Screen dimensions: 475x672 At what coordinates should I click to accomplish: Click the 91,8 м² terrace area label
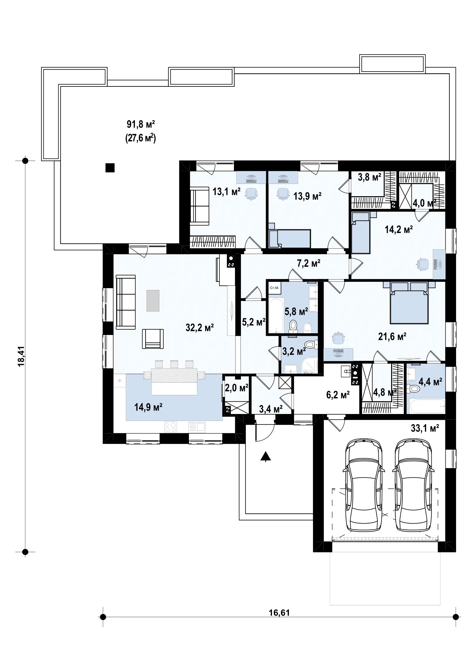click(x=141, y=124)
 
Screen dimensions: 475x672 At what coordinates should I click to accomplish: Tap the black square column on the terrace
click(x=110, y=168)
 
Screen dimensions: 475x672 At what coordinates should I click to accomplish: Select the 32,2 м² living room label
click(x=200, y=327)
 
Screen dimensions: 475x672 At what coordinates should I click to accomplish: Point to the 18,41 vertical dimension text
click(x=21, y=357)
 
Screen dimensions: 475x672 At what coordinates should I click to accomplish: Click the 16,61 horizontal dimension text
click(x=279, y=613)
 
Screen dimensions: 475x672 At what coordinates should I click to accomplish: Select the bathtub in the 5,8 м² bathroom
click(x=276, y=315)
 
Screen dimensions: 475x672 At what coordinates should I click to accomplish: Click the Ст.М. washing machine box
click(x=275, y=288)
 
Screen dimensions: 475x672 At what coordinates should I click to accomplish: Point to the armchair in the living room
click(x=153, y=339)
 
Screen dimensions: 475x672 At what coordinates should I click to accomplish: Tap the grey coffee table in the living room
click(x=153, y=301)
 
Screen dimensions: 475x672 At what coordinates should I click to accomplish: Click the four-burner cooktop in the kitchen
click(x=171, y=427)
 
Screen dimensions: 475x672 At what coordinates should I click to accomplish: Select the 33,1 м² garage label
click(x=425, y=428)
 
